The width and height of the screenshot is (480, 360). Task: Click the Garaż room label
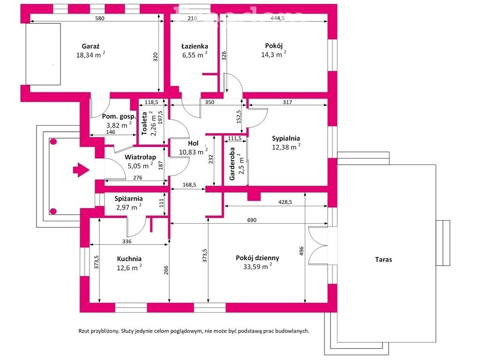[90, 46]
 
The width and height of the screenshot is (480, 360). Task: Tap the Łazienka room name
[195, 46]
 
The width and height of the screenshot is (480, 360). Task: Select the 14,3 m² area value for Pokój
[274, 54]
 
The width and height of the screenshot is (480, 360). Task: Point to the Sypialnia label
[286, 138]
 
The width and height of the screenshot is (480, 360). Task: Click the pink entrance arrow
[81, 170]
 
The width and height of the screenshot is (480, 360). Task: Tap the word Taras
[383, 260]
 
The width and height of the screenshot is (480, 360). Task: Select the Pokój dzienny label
[257, 258]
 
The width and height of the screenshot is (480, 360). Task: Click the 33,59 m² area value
[257, 266]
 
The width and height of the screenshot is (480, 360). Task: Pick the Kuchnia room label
[129, 259]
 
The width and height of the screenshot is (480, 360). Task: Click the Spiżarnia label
[128, 199]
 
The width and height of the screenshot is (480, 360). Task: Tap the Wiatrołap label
[140, 157]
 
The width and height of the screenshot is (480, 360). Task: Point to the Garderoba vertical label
[232, 164]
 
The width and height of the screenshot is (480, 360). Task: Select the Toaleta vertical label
[144, 123]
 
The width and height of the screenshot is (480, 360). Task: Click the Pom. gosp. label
[119, 117]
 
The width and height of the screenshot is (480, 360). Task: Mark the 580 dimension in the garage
[100, 18]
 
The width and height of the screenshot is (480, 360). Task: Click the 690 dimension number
[252, 220]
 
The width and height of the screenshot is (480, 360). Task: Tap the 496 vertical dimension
[301, 251]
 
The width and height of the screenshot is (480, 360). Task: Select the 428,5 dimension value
[285, 202]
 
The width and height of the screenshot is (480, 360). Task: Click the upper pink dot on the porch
[53, 142]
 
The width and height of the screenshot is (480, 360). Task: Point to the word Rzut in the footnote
[84, 331]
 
